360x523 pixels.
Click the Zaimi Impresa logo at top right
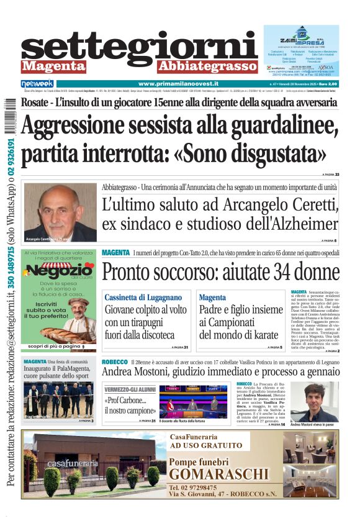pos(310,38)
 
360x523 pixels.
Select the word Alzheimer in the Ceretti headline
pos(305,224)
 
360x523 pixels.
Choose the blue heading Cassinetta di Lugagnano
pos(143,298)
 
